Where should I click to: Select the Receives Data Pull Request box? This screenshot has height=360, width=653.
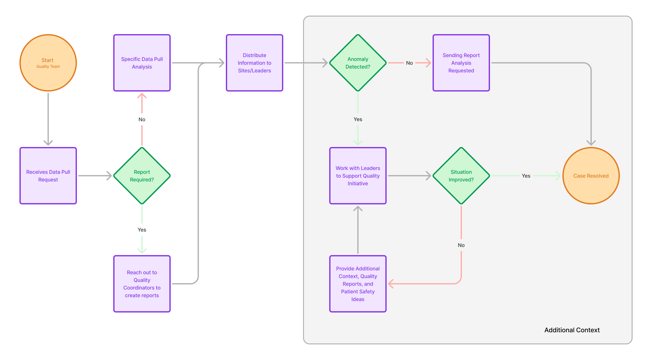coord(48,176)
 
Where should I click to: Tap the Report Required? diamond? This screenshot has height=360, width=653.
coord(142,176)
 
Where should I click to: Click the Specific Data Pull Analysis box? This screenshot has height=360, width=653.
coord(142,63)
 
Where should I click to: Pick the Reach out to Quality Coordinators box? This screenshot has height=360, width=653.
coord(142,283)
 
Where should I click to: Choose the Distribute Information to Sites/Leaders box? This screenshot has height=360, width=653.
coord(254,63)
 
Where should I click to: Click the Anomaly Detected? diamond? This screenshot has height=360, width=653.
coord(358,63)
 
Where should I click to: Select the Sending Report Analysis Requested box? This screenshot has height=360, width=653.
coord(461,63)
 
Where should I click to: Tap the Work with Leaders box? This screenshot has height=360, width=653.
coord(358,176)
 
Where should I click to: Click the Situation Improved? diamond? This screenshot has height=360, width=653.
coord(461,176)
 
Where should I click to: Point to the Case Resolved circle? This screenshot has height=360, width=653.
coord(591,176)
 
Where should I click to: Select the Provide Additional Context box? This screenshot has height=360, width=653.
coord(358,283)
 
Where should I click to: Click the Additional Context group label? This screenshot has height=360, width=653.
coord(572,330)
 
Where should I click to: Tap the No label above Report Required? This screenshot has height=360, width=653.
coord(142,119)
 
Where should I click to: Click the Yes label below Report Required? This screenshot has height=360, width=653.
coord(142,230)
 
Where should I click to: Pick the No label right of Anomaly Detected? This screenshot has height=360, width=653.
coord(409,63)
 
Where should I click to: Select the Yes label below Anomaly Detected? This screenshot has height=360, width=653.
coord(358,119)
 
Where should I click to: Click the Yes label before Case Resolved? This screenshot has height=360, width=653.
coord(526,176)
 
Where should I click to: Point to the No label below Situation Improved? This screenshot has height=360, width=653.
coord(461,245)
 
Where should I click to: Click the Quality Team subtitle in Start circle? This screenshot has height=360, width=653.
coord(48,67)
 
